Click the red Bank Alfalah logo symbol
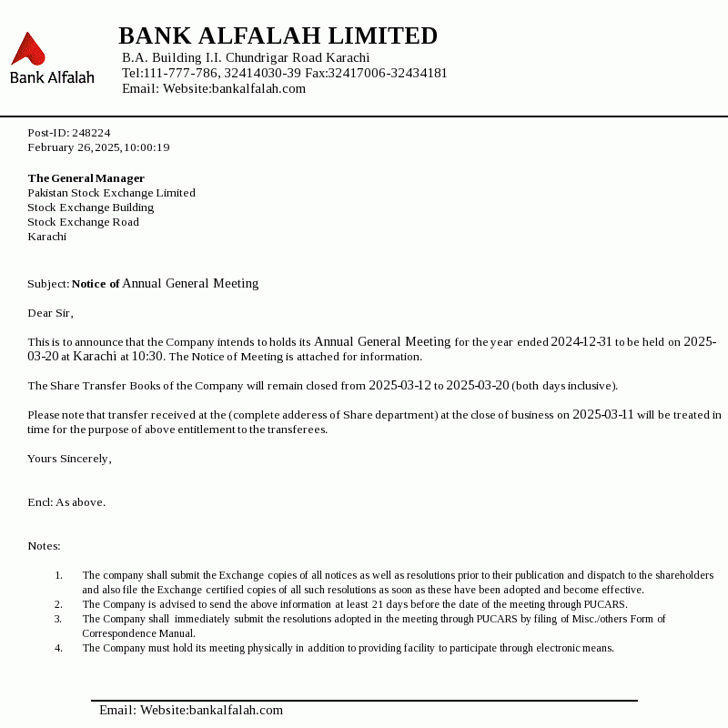tap(28, 49)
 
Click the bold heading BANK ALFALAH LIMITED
tap(278, 36)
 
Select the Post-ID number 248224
tap(91, 133)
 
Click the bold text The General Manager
tap(86, 178)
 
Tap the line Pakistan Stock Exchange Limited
tap(111, 193)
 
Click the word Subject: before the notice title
tap(48, 284)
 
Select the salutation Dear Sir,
tap(50, 313)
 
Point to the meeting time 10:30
tap(148, 357)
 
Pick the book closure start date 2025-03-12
tap(399, 386)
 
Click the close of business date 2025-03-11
tap(602, 415)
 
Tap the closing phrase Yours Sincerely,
tap(69, 459)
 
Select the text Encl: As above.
tap(66, 502)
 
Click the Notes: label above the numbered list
tap(44, 546)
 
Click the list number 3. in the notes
tap(58, 619)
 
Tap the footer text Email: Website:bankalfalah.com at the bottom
tap(191, 710)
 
